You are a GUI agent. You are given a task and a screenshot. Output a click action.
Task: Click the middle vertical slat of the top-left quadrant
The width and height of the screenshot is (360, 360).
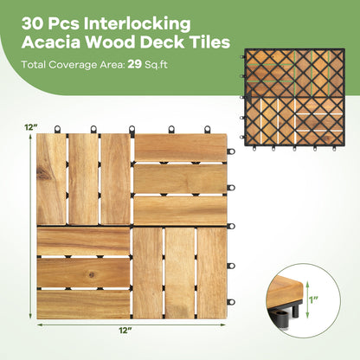pyautogui.click(x=84, y=179)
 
